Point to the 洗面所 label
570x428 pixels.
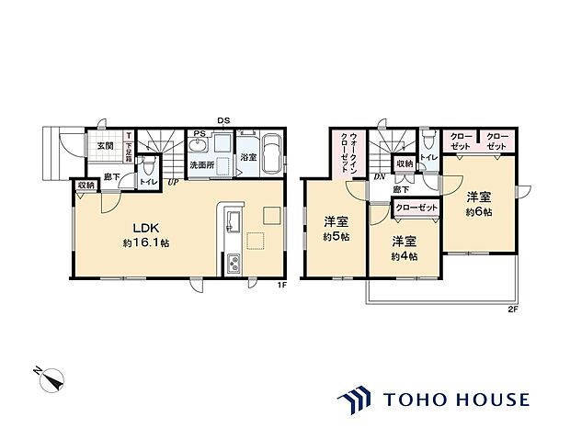click(x=201, y=166)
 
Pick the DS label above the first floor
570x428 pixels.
click(x=223, y=121)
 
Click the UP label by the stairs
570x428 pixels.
click(x=173, y=181)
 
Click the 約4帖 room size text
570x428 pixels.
click(x=405, y=255)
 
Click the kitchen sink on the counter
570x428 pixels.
click(x=233, y=223)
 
